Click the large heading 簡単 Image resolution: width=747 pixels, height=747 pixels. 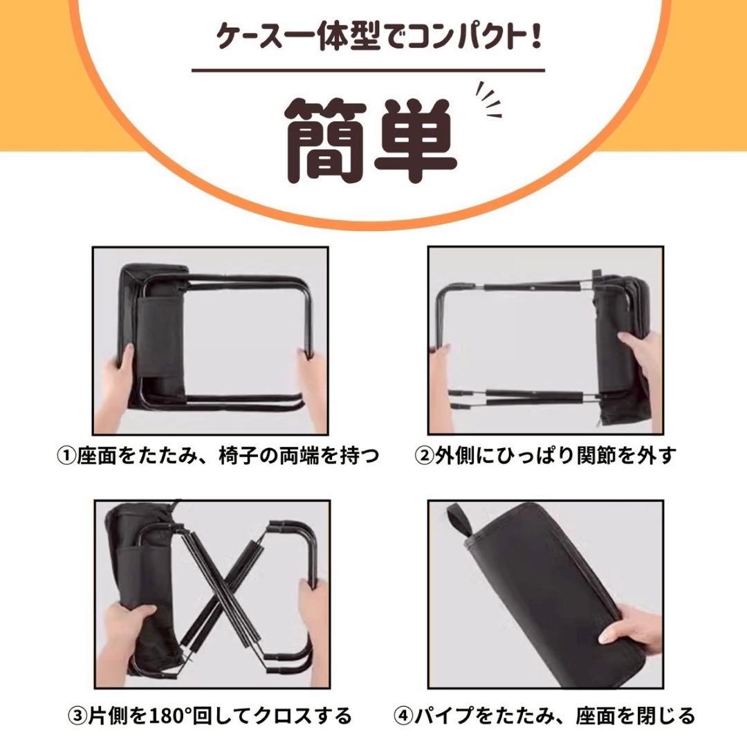(371, 141)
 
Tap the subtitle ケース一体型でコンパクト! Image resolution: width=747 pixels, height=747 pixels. (379, 37)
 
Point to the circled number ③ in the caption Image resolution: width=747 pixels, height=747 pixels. (78, 716)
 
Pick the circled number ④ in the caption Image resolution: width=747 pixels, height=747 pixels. (403, 716)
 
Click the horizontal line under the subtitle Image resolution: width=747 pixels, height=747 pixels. (368, 70)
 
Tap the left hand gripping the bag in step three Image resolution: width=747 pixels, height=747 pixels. (124, 634)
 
